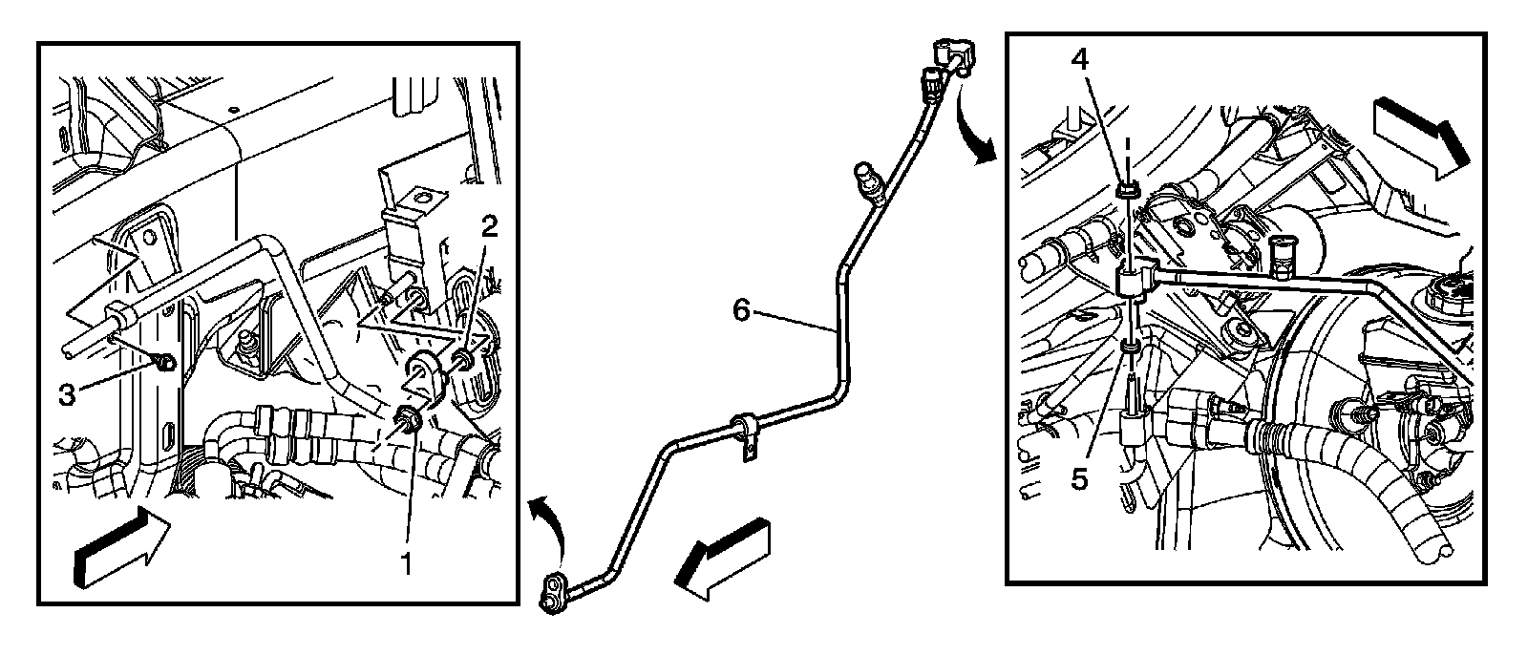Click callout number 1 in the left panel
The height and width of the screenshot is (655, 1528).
click(x=406, y=564)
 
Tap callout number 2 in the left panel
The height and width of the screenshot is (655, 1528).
click(x=489, y=227)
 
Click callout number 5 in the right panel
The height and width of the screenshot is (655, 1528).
click(x=1079, y=477)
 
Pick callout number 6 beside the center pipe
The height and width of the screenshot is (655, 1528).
click(x=744, y=309)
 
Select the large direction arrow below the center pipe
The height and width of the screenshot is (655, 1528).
click(x=722, y=560)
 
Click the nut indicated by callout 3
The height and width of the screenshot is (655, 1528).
click(x=164, y=362)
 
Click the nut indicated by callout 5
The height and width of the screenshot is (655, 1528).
click(x=1130, y=352)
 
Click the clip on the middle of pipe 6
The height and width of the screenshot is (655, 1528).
click(x=744, y=432)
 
